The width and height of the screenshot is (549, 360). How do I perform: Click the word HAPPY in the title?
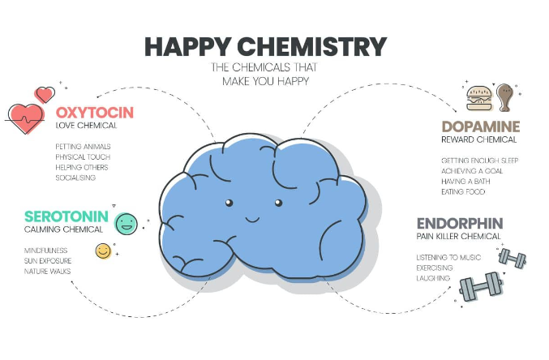(x=189, y=46)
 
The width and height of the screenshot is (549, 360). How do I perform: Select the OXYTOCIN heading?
(x=95, y=112)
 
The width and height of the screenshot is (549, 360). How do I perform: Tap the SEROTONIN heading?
(x=66, y=216)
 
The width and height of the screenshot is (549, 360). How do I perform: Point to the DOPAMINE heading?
(x=479, y=127)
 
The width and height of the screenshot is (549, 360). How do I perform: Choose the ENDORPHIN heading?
(x=460, y=223)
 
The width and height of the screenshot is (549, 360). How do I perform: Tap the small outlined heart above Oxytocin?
(x=45, y=94)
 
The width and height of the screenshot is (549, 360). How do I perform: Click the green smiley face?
(x=127, y=223)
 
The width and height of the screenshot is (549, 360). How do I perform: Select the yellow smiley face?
(x=103, y=251)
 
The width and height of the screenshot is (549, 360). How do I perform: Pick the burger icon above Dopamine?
(x=478, y=98)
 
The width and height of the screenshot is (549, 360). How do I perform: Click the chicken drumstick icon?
(x=505, y=97)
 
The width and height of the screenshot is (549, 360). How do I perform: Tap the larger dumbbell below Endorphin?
(x=481, y=285)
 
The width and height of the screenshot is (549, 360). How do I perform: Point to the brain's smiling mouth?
(x=251, y=217)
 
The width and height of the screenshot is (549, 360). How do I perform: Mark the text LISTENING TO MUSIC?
(x=448, y=258)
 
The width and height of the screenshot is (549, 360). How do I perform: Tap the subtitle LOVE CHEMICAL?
(x=87, y=126)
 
